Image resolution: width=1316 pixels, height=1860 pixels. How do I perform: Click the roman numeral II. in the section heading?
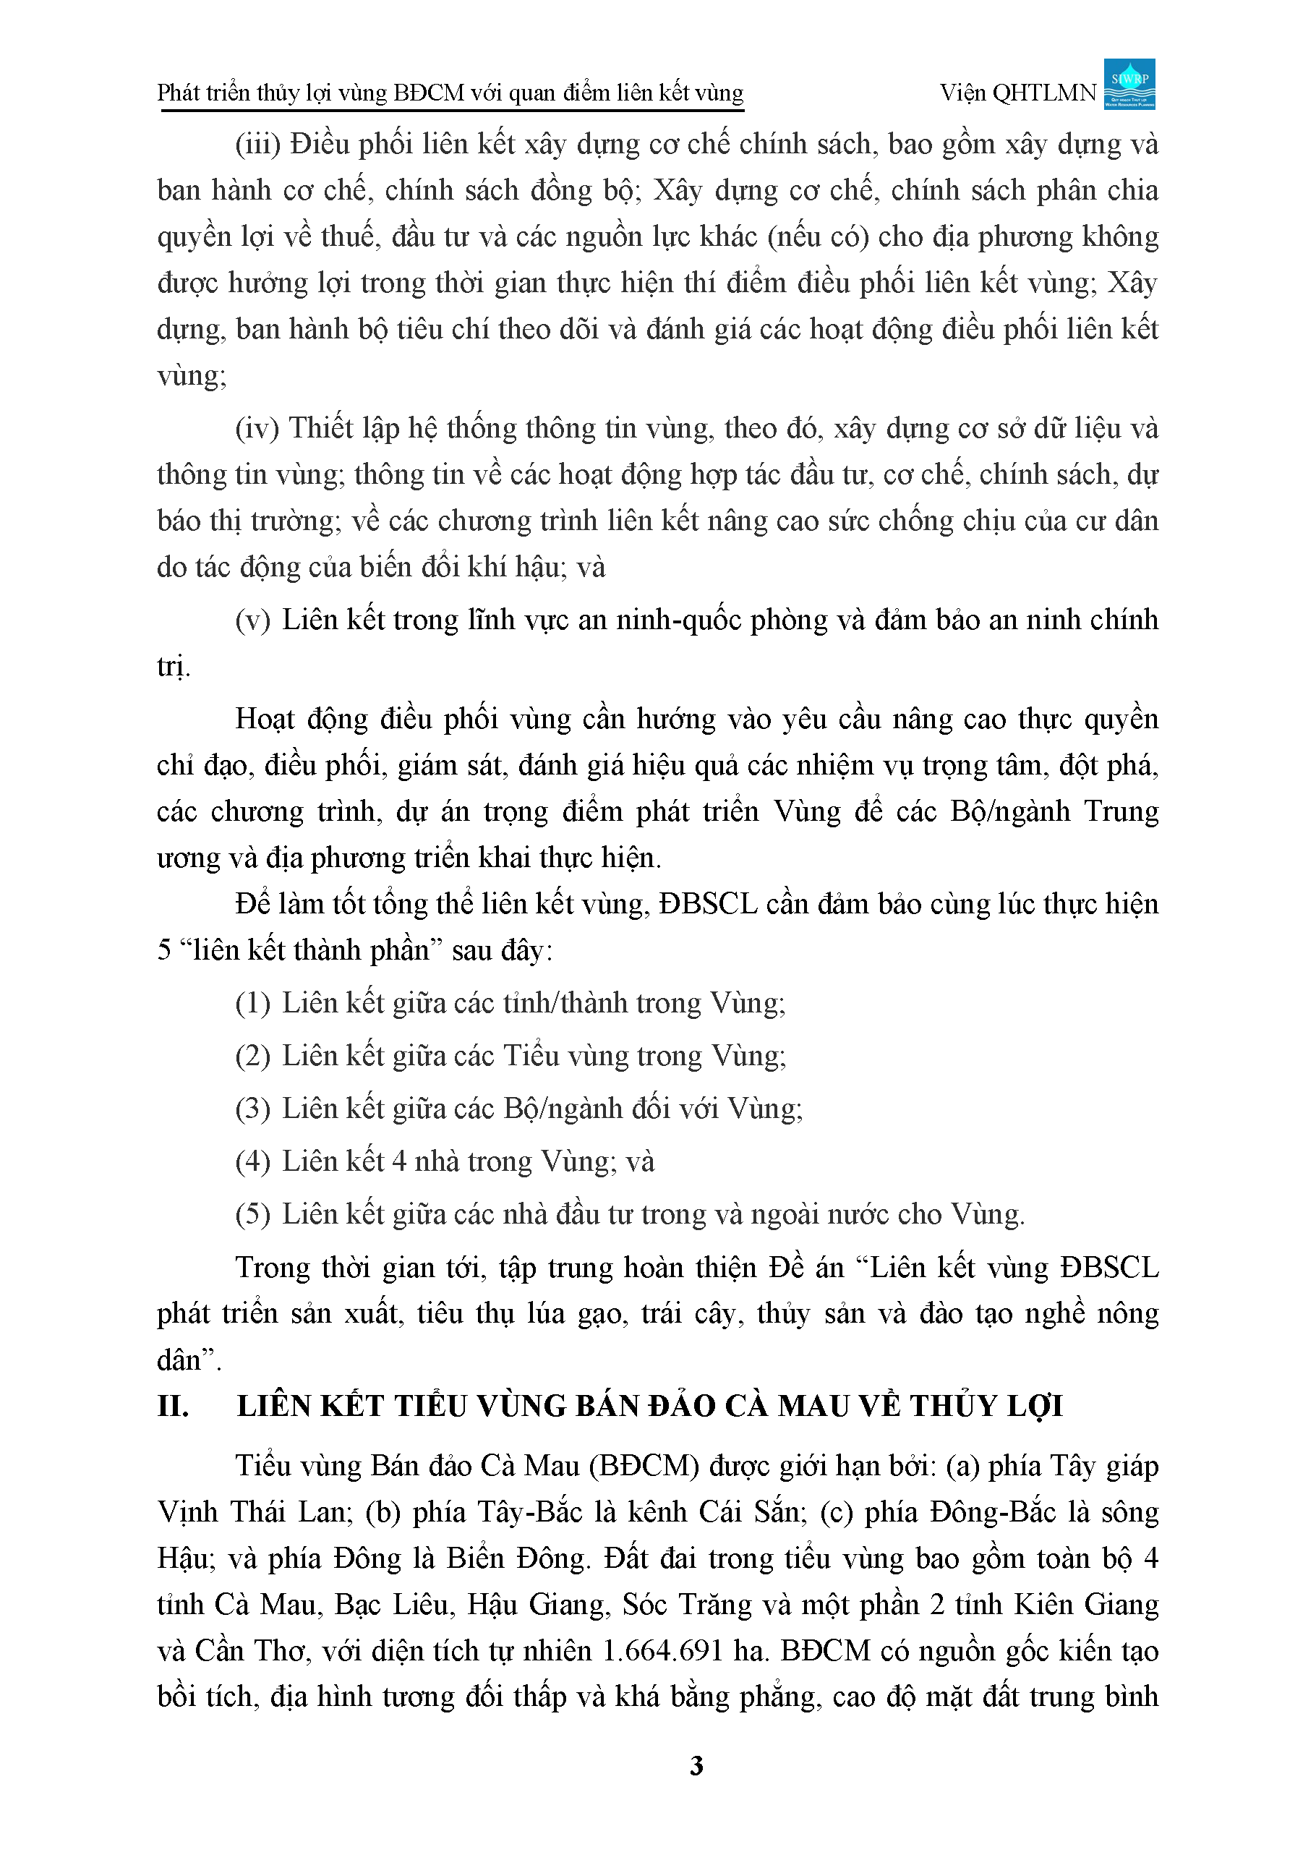tap(174, 1406)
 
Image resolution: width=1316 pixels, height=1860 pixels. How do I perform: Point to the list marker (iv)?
tap(257, 429)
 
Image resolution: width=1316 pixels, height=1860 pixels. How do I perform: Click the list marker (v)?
tap(252, 620)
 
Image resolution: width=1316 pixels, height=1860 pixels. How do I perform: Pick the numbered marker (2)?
tap(252, 1057)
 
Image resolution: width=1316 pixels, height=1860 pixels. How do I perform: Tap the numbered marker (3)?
tap(252, 1109)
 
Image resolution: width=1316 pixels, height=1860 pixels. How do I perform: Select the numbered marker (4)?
tap(252, 1162)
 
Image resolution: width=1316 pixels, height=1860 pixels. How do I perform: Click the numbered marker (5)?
tap(252, 1215)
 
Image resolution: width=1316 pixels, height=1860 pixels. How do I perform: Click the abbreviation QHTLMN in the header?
tap(1045, 94)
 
